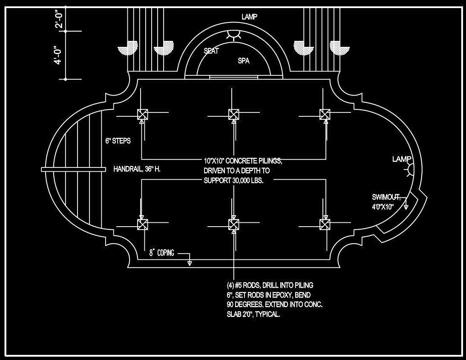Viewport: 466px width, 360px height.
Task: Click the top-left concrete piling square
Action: coord(142,114)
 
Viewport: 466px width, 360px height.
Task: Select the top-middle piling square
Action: coord(233,114)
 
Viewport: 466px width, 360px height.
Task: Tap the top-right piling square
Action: coord(325,114)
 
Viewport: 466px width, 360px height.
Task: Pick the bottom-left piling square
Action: coord(142,224)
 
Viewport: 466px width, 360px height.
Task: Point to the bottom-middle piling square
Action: coord(233,224)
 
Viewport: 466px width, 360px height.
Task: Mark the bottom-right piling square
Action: coord(325,224)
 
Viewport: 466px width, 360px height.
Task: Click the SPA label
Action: coord(244,61)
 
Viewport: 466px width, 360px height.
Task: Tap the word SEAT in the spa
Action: coord(211,51)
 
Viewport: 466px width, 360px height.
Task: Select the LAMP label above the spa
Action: coord(249,17)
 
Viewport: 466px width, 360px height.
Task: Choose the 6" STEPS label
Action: coord(118,141)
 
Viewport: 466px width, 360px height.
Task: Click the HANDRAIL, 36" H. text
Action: coord(137,169)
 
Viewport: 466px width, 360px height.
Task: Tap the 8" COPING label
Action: coord(161,253)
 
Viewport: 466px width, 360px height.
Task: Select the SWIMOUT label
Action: coord(386,197)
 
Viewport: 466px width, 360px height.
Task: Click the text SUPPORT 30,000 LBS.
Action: coord(233,180)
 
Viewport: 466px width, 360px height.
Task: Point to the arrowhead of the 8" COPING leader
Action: coord(190,263)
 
